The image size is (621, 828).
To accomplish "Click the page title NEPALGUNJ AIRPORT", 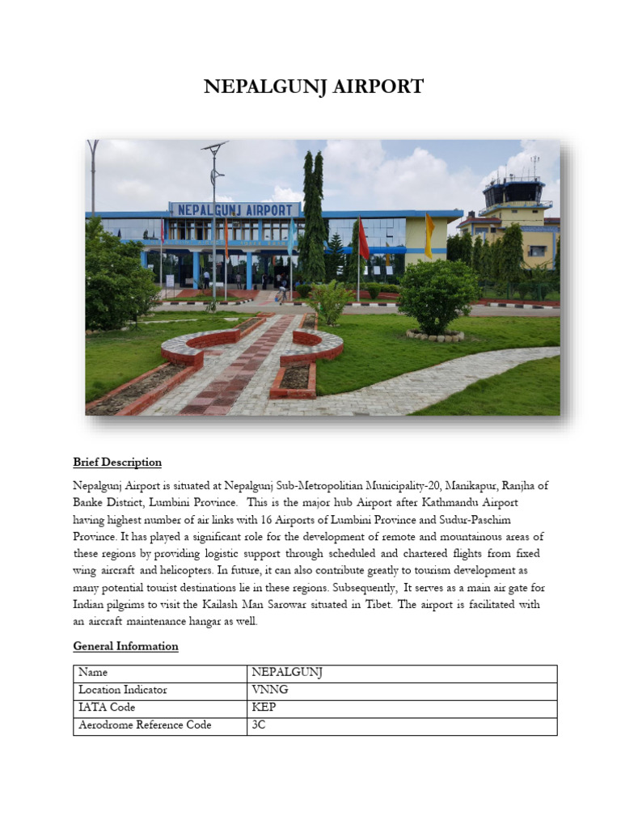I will (x=313, y=87).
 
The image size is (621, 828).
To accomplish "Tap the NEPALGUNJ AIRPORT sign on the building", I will (x=234, y=209).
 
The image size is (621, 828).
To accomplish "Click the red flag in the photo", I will (x=363, y=240).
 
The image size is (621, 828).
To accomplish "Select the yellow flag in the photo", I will (x=429, y=235).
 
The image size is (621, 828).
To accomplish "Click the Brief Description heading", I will (x=117, y=463).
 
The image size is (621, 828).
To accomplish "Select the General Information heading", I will (x=125, y=646).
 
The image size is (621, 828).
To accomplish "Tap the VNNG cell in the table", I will (x=269, y=691).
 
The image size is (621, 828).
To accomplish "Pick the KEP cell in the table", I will (x=264, y=708).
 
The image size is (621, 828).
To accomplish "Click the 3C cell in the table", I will (x=260, y=725).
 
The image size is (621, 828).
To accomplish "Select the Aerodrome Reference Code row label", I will (x=145, y=725).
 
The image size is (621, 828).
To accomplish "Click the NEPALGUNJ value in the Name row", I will (x=287, y=673).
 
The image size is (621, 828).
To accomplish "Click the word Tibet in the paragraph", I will (x=428, y=605).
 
